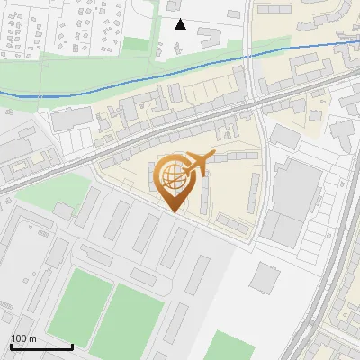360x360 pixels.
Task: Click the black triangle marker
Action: (180, 24)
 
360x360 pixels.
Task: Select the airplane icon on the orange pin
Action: (198, 163)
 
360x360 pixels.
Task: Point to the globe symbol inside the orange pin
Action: (172, 175)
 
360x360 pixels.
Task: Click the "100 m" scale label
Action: (23, 338)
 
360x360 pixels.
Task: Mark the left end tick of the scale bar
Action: (11, 346)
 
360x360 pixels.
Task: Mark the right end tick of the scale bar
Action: (72, 346)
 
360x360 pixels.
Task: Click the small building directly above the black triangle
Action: (175, 6)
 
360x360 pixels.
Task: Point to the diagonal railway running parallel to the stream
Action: (180, 117)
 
